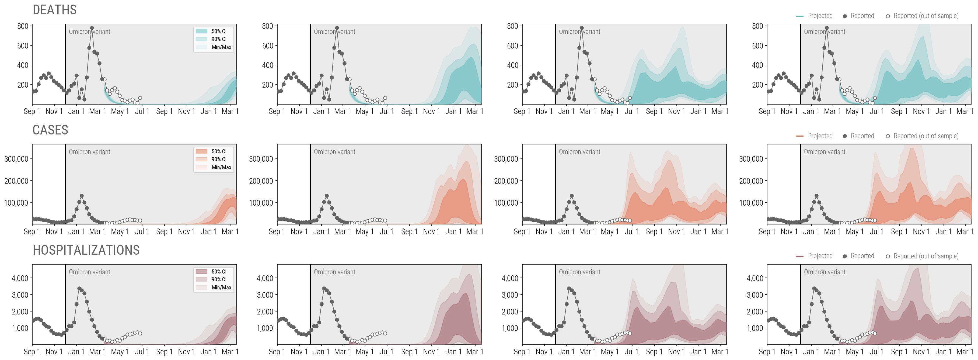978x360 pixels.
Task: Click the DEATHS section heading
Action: pyautogui.click(x=55, y=10)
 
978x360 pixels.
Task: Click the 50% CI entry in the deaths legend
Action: pyautogui.click(x=219, y=31)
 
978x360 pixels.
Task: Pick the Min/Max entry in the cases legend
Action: pyautogui.click(x=221, y=167)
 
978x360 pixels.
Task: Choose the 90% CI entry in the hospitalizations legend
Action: pyautogui.click(x=219, y=279)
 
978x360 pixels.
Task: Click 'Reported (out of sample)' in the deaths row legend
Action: pyautogui.click(x=925, y=16)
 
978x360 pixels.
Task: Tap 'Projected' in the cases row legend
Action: pyautogui.click(x=820, y=136)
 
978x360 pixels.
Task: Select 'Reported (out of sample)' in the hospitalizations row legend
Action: pyautogui.click(x=925, y=256)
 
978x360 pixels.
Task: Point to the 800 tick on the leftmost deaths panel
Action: pyautogui.click(x=23, y=26)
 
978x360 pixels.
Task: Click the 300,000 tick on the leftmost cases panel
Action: pyautogui.click(x=16, y=159)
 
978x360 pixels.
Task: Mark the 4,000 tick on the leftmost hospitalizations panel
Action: pyautogui.click(x=20, y=278)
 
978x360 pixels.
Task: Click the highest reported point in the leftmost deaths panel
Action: pyautogui.click(x=92, y=28)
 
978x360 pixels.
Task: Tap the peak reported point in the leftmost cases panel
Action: pyautogui.click(x=82, y=196)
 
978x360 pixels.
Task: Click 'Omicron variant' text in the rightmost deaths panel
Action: pyautogui.click(x=824, y=32)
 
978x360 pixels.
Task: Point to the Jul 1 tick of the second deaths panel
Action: pyautogui.click(x=386, y=111)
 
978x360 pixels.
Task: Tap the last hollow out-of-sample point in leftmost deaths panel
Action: pyautogui.click(x=140, y=98)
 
